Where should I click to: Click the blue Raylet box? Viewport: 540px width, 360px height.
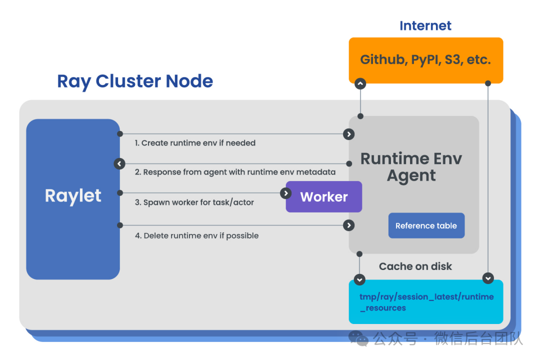tap(73, 199)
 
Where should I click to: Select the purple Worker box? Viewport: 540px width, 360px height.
tap(324, 196)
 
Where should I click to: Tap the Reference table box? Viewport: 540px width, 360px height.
tap(426, 225)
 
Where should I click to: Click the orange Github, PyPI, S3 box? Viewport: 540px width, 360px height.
tap(425, 60)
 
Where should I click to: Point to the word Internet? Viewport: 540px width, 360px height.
tap(425, 26)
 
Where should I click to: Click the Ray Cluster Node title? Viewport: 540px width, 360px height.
tap(135, 81)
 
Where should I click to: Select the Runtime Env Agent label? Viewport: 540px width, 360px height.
tap(411, 167)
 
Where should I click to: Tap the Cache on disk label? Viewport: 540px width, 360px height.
tap(415, 266)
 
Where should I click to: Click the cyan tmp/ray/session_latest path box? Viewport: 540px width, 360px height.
tap(425, 302)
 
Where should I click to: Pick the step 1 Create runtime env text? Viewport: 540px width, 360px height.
tap(195, 143)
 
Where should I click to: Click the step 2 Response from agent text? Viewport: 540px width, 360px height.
tap(235, 172)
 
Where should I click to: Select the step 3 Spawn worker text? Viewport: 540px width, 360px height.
tap(194, 202)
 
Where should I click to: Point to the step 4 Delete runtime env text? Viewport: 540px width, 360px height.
tap(196, 235)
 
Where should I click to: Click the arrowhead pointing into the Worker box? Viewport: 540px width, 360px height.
tap(285, 193)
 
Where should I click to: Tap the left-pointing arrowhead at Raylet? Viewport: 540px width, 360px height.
tap(119, 163)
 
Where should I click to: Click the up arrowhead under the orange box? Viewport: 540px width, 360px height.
tap(360, 83)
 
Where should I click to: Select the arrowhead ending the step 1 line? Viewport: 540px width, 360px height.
tap(348, 134)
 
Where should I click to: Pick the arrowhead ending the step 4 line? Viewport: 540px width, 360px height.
tap(348, 225)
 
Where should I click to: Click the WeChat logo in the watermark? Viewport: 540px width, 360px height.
tap(358, 338)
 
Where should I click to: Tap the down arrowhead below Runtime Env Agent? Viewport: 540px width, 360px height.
tap(359, 279)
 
